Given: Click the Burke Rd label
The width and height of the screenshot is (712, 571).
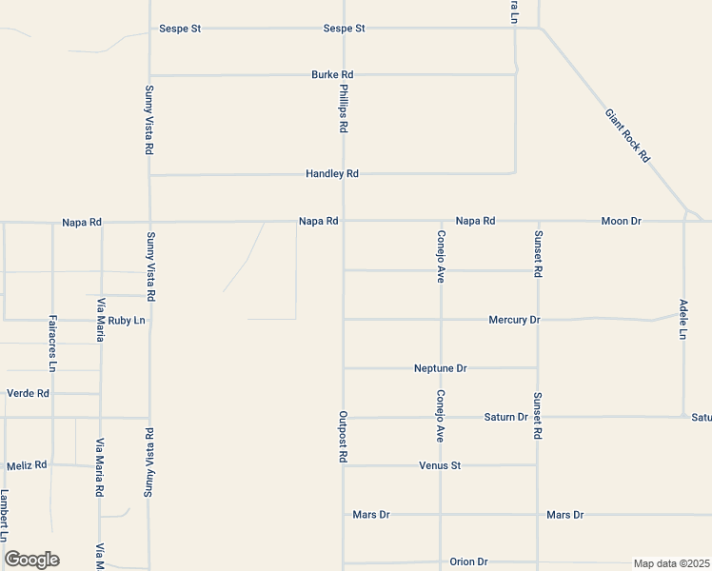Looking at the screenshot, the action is pyautogui.click(x=332, y=74).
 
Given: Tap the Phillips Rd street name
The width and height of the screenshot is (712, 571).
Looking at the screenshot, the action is pyautogui.click(x=344, y=107).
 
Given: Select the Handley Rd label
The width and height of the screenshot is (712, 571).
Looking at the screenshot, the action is pyautogui.click(x=331, y=174).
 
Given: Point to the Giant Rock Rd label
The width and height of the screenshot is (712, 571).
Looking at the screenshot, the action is pyautogui.click(x=627, y=135).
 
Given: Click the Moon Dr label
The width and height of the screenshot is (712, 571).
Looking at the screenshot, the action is pyautogui.click(x=621, y=221).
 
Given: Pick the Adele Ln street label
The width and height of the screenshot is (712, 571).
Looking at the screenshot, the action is pyautogui.click(x=683, y=320).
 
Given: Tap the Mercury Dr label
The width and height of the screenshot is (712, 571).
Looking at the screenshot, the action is pyautogui.click(x=514, y=320).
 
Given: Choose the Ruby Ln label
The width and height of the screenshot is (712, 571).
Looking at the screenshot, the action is pyautogui.click(x=127, y=321).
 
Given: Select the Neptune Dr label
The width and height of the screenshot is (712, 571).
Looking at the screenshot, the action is pyautogui.click(x=441, y=368).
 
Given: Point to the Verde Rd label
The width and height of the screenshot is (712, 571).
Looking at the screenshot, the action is pyautogui.click(x=28, y=393).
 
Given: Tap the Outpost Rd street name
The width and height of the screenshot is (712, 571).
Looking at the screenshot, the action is pyautogui.click(x=343, y=437).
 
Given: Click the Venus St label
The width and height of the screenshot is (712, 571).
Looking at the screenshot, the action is pyautogui.click(x=440, y=466).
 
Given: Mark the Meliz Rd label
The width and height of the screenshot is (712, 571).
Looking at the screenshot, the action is pyautogui.click(x=27, y=465).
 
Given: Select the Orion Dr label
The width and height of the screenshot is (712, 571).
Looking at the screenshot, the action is pyautogui.click(x=468, y=562).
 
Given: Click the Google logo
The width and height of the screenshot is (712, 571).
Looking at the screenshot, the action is pyautogui.click(x=31, y=560).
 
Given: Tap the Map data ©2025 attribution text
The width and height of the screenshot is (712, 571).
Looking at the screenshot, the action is pyautogui.click(x=672, y=563).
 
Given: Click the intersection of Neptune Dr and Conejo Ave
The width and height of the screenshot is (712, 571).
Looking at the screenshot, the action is pyautogui.click(x=441, y=367).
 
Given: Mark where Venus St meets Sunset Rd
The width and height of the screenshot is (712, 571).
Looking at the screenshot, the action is pyautogui.click(x=538, y=465).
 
